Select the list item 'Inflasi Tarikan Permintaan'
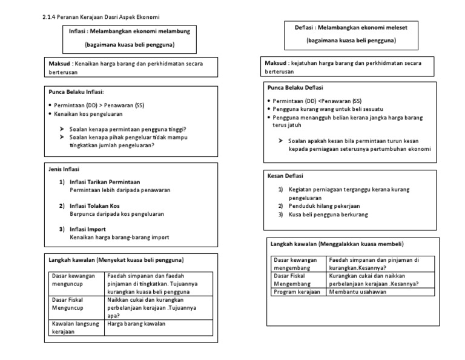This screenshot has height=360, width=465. [x=105, y=182]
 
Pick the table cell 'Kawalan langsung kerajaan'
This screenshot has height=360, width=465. [x=76, y=328]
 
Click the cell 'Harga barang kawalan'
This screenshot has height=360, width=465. [x=136, y=324]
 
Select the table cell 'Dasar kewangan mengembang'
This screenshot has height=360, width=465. [x=297, y=264]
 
